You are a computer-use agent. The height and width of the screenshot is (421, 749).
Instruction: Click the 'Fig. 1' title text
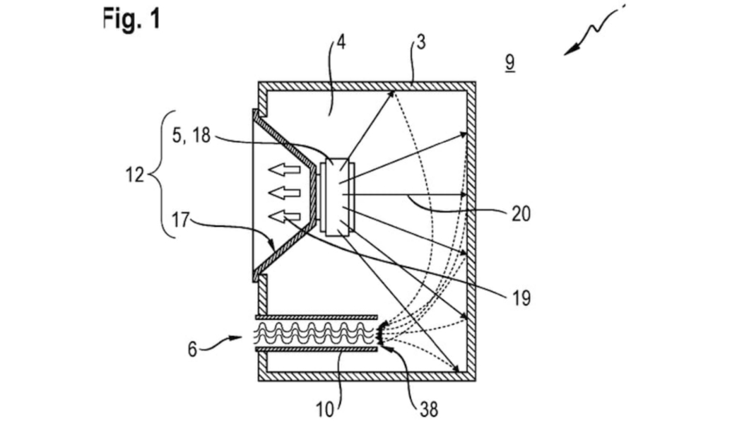(x=132, y=20)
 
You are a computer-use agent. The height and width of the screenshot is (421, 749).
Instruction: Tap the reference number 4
(x=341, y=42)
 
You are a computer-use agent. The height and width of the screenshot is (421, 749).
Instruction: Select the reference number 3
(x=420, y=42)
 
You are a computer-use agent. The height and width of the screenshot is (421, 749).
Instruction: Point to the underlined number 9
(x=510, y=62)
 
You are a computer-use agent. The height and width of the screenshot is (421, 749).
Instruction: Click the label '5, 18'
(x=191, y=136)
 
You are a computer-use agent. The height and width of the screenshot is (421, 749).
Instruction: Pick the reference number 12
(x=135, y=175)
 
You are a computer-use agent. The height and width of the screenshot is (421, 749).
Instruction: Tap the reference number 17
(x=181, y=220)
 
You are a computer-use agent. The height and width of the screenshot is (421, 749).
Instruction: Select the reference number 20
(x=521, y=214)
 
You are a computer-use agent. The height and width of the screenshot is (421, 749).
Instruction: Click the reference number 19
(x=521, y=298)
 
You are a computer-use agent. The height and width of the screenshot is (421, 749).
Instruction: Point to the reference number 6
(x=192, y=350)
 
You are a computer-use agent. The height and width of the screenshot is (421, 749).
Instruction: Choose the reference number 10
(x=324, y=410)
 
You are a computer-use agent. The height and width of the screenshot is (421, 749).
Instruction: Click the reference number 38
(x=428, y=410)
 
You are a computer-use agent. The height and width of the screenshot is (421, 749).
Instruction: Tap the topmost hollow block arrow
(x=285, y=169)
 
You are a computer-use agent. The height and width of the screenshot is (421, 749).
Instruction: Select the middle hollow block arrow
(x=285, y=193)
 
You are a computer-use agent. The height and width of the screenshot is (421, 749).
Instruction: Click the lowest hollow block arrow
(x=285, y=217)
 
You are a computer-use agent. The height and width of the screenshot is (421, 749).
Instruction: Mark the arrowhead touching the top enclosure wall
(x=391, y=93)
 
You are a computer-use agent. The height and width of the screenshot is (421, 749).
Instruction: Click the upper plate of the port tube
(x=317, y=317)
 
